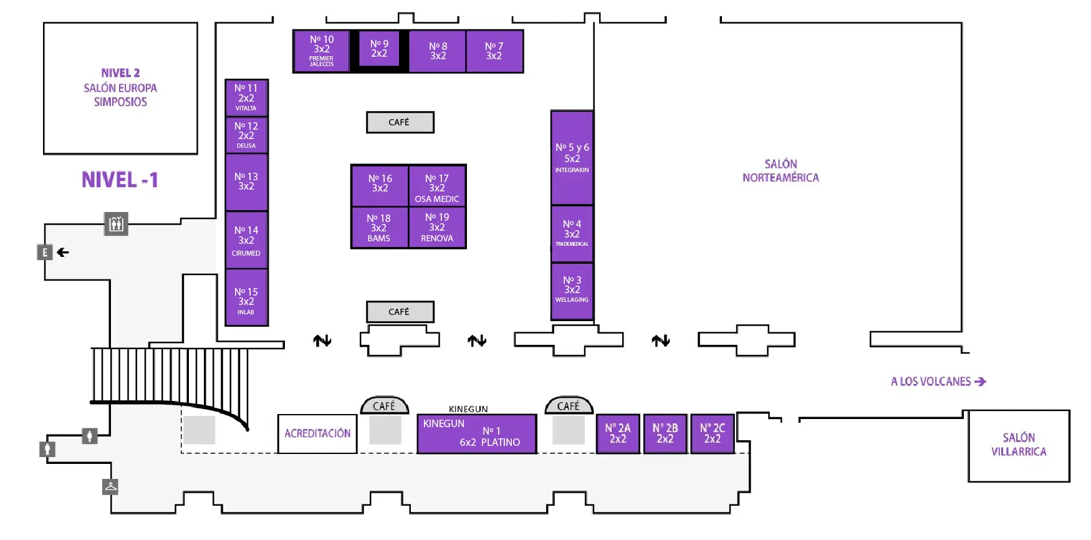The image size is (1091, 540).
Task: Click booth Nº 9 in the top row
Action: [379, 49]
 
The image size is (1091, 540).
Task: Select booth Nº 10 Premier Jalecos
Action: [322, 51]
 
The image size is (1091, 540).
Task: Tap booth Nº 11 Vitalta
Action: [246, 97]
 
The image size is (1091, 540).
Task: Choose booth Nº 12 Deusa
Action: [246, 135]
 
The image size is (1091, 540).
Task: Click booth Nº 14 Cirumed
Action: [246, 240]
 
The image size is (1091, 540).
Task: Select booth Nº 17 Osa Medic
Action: [437, 186]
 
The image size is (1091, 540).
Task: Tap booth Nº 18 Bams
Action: [379, 228]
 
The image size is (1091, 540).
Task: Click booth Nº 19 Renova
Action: [437, 228]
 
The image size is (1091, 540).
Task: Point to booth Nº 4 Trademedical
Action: [572, 233]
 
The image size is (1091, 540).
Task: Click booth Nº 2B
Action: [665, 433]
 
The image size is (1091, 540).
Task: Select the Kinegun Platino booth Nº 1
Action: [477, 433]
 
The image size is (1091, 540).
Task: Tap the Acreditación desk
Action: [317, 433]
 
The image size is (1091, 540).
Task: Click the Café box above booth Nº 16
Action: [400, 122]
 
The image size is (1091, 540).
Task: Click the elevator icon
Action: [116, 224]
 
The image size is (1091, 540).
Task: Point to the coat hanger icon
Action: [110, 486]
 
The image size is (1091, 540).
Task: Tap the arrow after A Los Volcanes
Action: [980, 382]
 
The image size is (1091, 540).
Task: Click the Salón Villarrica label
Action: [1019, 445]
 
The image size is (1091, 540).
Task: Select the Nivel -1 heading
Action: [120, 180]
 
